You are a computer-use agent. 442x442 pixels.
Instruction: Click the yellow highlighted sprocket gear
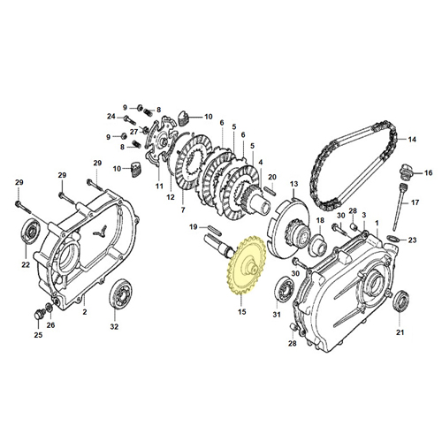[x=247, y=265]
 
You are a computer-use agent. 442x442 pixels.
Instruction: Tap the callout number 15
[x=241, y=311]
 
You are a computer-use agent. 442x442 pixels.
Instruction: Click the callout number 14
[x=412, y=139]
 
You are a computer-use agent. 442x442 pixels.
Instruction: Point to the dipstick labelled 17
[x=399, y=206]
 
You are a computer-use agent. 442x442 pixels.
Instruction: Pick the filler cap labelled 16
[x=405, y=171]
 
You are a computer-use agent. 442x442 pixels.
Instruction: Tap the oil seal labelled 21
[x=400, y=301]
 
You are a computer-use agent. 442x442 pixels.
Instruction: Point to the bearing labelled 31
[x=285, y=289]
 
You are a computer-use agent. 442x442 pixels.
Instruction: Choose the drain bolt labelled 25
[x=39, y=315]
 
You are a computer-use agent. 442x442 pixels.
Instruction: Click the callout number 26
[x=50, y=325]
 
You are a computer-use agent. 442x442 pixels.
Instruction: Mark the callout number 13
[x=293, y=184]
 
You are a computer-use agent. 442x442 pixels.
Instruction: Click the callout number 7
[x=183, y=210]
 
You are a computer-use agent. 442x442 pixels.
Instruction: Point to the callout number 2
[x=85, y=311]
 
